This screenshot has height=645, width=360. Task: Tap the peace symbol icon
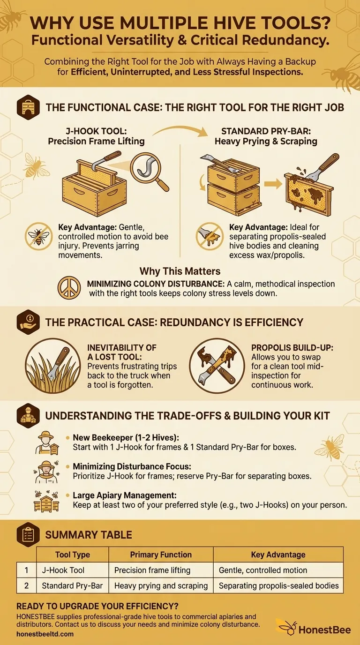click(x=69, y=288)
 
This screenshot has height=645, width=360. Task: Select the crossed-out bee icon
click(x=38, y=236)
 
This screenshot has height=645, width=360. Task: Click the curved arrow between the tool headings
click(x=180, y=130)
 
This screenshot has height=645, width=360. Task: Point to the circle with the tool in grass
click(x=52, y=366)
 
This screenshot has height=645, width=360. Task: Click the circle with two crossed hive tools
click(x=217, y=366)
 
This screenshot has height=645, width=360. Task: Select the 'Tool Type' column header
click(x=73, y=555)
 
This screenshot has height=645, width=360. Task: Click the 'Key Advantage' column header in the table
click(x=278, y=555)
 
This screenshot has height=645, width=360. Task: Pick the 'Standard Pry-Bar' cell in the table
click(x=73, y=585)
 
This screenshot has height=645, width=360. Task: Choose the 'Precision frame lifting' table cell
click(x=161, y=570)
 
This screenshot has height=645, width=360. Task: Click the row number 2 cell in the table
click(x=27, y=585)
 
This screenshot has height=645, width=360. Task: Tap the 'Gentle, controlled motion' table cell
click(x=278, y=570)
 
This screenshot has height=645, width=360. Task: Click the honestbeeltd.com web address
click(x=45, y=634)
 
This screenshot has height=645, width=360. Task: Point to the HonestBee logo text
click(x=324, y=630)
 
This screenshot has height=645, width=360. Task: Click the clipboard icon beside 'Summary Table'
click(x=28, y=535)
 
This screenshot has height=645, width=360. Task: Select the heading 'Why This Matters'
click(x=180, y=271)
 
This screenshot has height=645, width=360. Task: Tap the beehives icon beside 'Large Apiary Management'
click(x=46, y=501)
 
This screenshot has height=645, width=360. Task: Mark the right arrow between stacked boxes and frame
click(x=273, y=184)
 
